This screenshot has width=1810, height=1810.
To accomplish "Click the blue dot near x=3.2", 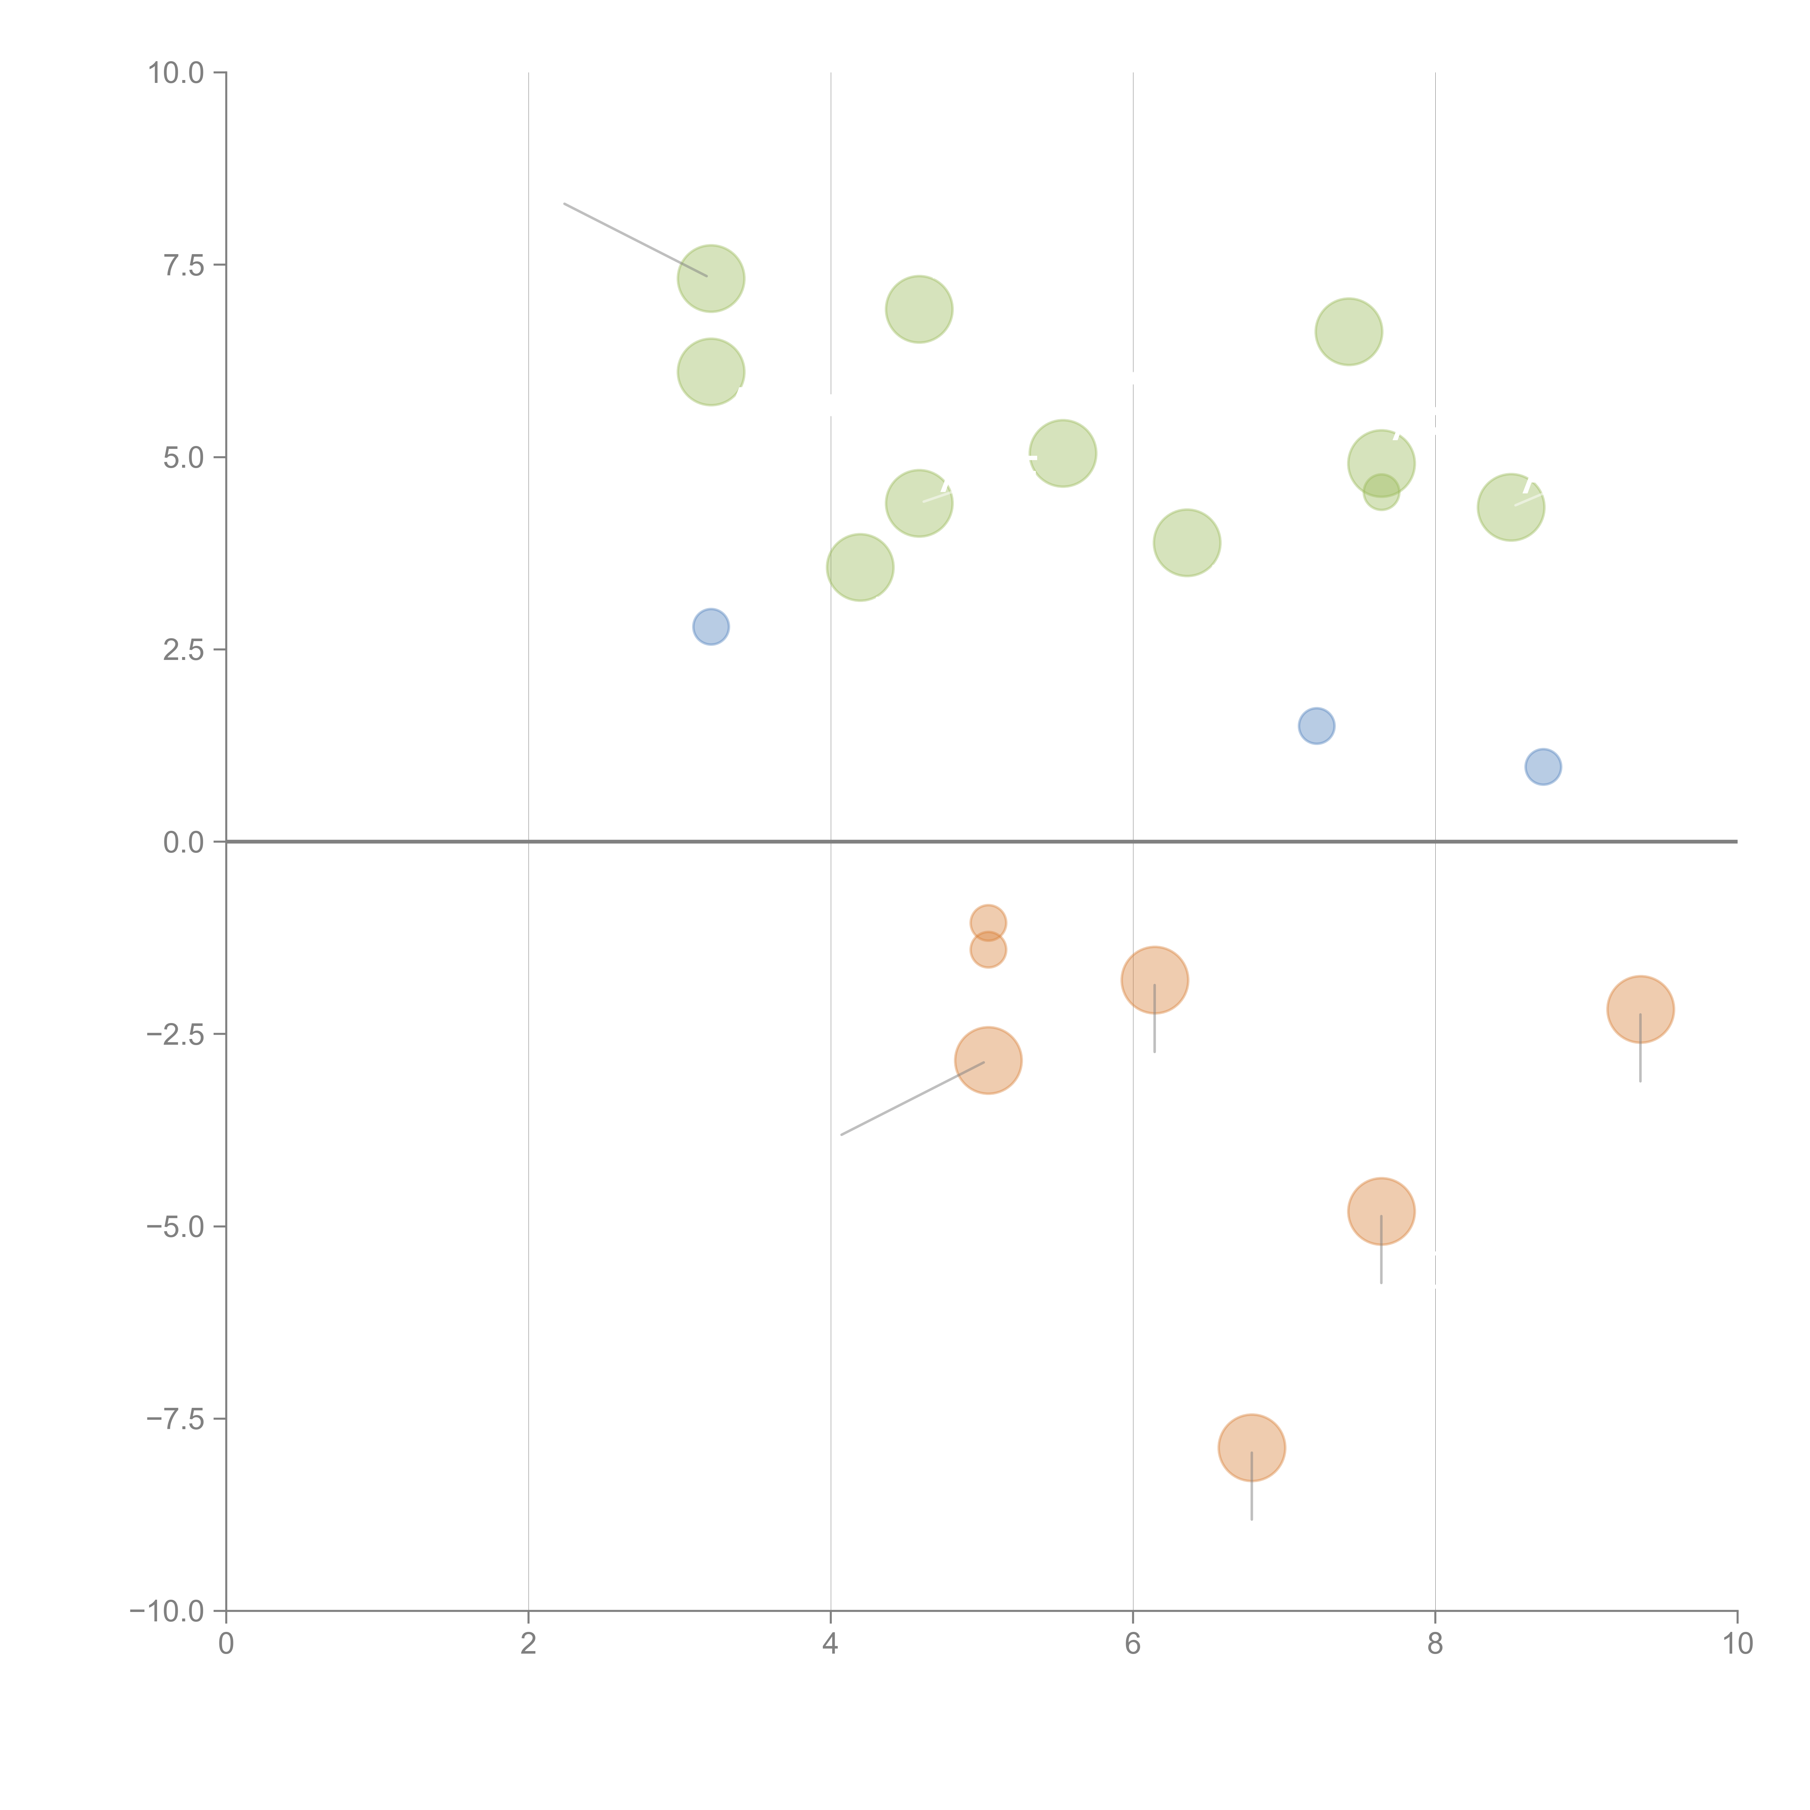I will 711,627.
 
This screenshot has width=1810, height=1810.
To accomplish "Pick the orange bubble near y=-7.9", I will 1252,1447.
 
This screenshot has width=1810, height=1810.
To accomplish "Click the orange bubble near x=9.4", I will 1641,1009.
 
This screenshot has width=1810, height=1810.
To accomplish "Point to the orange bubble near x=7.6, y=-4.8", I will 1381,1211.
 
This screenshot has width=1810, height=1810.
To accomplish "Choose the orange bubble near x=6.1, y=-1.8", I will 1155,980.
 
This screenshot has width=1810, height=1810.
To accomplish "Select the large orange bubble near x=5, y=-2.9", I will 988,1061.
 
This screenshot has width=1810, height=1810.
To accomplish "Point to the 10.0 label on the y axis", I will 176,73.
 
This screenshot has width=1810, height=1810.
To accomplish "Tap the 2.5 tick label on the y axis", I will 184,650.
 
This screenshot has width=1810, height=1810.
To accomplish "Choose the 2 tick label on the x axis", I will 529,1644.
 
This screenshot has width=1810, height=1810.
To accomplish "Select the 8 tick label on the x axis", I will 1435,1644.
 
